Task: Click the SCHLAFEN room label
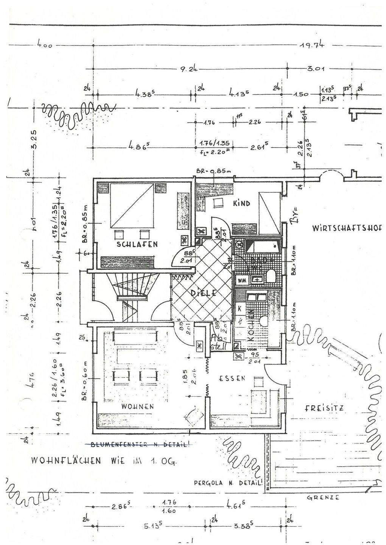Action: pos(137,244)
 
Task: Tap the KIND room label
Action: pos(241,204)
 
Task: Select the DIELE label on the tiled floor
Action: pos(203,293)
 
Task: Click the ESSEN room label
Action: pos(232,378)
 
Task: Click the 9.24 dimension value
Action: pos(187,69)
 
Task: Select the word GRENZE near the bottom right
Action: pos(323,498)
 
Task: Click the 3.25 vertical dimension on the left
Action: pos(33,140)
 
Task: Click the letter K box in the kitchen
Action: pos(240,308)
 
